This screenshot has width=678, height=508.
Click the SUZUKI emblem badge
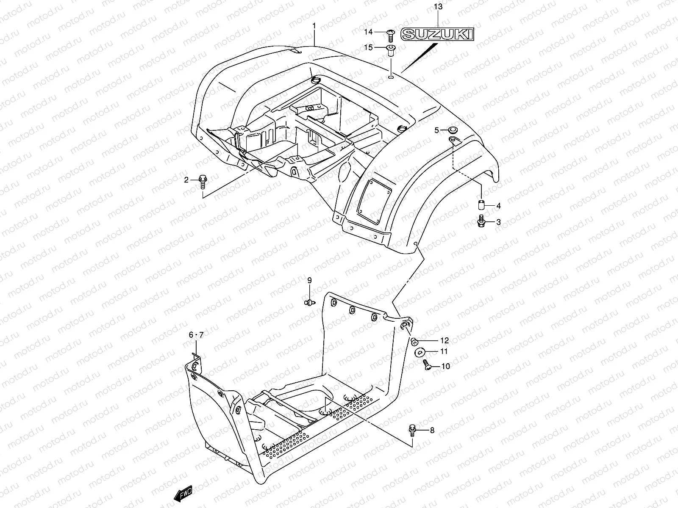point(437,34)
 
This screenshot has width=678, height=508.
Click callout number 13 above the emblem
point(438,6)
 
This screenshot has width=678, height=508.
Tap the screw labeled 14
point(391,32)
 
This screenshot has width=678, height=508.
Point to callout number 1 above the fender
point(314,26)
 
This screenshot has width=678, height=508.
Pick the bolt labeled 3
point(481,221)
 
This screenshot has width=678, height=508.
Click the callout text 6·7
point(196,335)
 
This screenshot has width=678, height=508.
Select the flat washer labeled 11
point(421,351)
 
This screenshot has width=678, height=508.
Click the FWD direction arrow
point(183,493)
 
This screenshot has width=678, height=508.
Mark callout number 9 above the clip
point(309,280)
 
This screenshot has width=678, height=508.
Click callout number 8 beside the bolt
point(432,431)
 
